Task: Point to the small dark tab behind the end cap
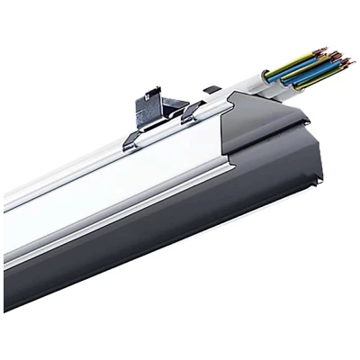212,89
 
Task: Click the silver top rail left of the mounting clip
72,166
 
